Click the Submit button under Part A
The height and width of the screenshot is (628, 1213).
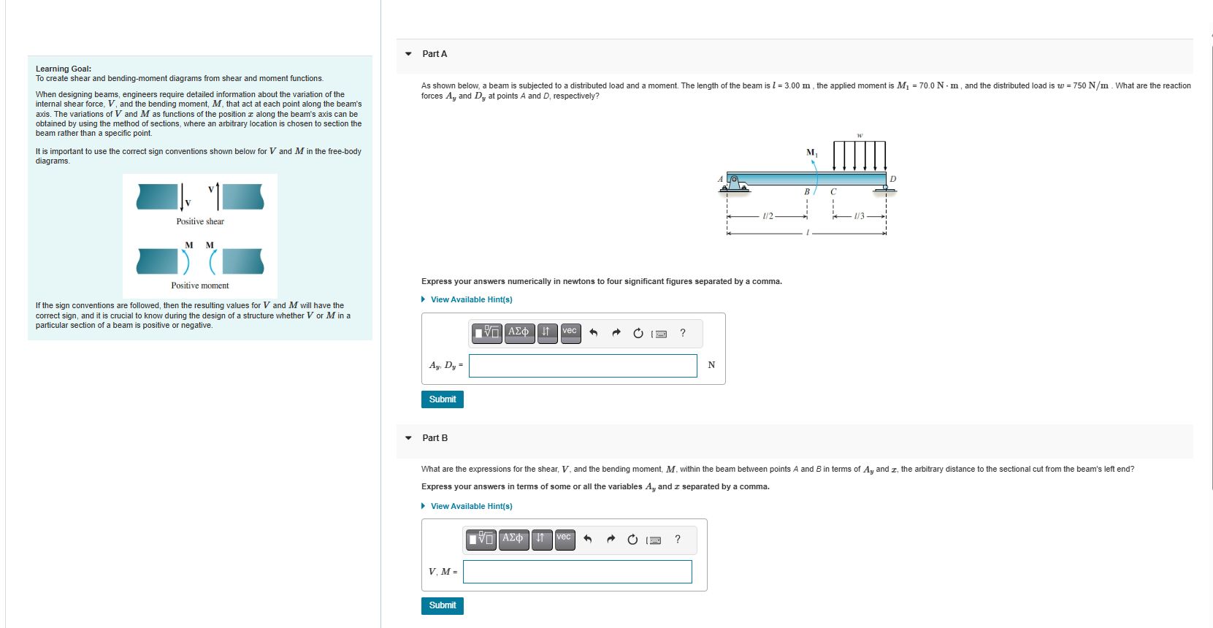[442, 399]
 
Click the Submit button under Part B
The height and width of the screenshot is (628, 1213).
[442, 605]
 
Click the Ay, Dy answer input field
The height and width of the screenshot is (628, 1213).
[582, 366]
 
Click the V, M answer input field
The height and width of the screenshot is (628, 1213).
[577, 572]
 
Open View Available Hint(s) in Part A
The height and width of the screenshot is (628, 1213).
[471, 299]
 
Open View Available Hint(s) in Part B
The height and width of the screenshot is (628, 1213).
[471, 506]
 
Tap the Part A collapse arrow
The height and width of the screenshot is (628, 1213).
[408, 54]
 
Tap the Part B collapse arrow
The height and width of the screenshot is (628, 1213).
[408, 438]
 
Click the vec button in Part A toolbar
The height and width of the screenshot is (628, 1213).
[570, 333]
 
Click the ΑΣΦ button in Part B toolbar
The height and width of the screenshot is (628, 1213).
[513, 540]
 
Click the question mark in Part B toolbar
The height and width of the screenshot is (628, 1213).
[678, 540]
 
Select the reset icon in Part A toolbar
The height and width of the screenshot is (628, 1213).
[638, 334]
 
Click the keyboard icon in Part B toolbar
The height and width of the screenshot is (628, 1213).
[654, 540]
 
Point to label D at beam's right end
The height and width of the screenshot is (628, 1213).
[892, 179]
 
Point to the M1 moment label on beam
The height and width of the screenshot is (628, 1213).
[811, 153]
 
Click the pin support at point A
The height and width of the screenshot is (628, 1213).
[734, 183]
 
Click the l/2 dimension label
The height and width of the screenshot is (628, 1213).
[767, 216]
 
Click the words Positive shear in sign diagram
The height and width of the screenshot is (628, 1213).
[200, 221]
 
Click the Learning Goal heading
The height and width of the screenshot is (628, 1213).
[64, 69]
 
